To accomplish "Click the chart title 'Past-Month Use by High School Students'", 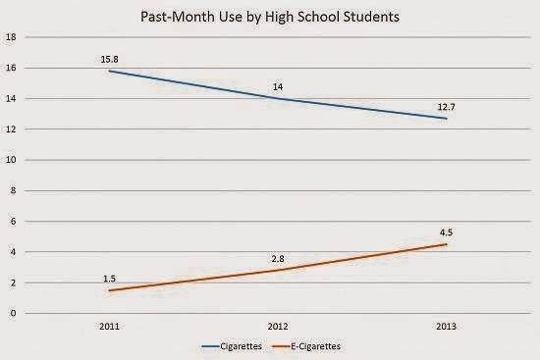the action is pyautogui.click(x=270, y=17).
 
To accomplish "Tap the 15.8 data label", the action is pyautogui.click(x=110, y=60).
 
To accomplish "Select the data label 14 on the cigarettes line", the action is pyautogui.click(x=278, y=87).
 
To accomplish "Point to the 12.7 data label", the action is pyautogui.click(x=447, y=107).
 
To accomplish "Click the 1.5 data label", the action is pyautogui.click(x=110, y=279).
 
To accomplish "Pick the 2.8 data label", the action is pyautogui.click(x=278, y=259).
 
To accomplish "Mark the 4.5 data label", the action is pyautogui.click(x=447, y=232).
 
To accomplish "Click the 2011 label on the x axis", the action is pyautogui.click(x=110, y=327).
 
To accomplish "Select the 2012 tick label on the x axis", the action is pyautogui.click(x=278, y=327).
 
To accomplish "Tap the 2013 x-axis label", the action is pyautogui.click(x=447, y=327).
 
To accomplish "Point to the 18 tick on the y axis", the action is pyautogui.click(x=12, y=37).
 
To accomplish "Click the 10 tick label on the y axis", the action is pyautogui.click(x=12, y=160).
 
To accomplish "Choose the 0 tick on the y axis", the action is pyautogui.click(x=13, y=313).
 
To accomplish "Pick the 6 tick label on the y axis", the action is pyautogui.click(x=13, y=222).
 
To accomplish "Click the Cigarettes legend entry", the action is pyautogui.click(x=232, y=346).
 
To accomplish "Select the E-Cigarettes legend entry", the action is pyautogui.click(x=306, y=346).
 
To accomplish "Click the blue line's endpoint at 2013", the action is pyautogui.click(x=447, y=119).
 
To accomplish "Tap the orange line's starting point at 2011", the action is pyautogui.click(x=110, y=290).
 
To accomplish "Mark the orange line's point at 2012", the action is pyautogui.click(x=278, y=270).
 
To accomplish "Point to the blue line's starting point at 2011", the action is pyautogui.click(x=110, y=71).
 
